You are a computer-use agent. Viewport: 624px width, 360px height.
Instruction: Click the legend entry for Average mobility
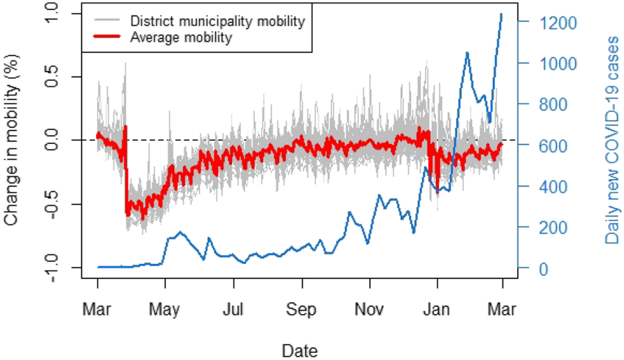[x=180, y=38]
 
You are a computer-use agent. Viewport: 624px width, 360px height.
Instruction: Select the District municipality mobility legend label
[x=217, y=21]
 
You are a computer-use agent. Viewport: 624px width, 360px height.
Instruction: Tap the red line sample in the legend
[x=109, y=38]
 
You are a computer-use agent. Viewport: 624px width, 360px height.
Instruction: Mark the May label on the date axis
[x=165, y=310]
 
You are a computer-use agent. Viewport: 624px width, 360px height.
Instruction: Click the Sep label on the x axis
[x=301, y=310]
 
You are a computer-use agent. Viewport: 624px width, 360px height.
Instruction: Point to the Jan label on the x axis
[x=437, y=310]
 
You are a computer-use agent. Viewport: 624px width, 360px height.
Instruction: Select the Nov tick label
[x=369, y=310]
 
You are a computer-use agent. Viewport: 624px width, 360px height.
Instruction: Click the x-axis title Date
[x=300, y=350]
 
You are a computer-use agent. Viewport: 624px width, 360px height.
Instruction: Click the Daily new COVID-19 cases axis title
[x=612, y=140]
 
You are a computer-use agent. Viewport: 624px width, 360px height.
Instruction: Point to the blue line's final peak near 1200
[x=502, y=14]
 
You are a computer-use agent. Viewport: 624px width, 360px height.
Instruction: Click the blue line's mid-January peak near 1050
[x=467, y=53]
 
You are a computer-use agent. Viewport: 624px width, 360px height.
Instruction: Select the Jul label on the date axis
[x=233, y=310]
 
